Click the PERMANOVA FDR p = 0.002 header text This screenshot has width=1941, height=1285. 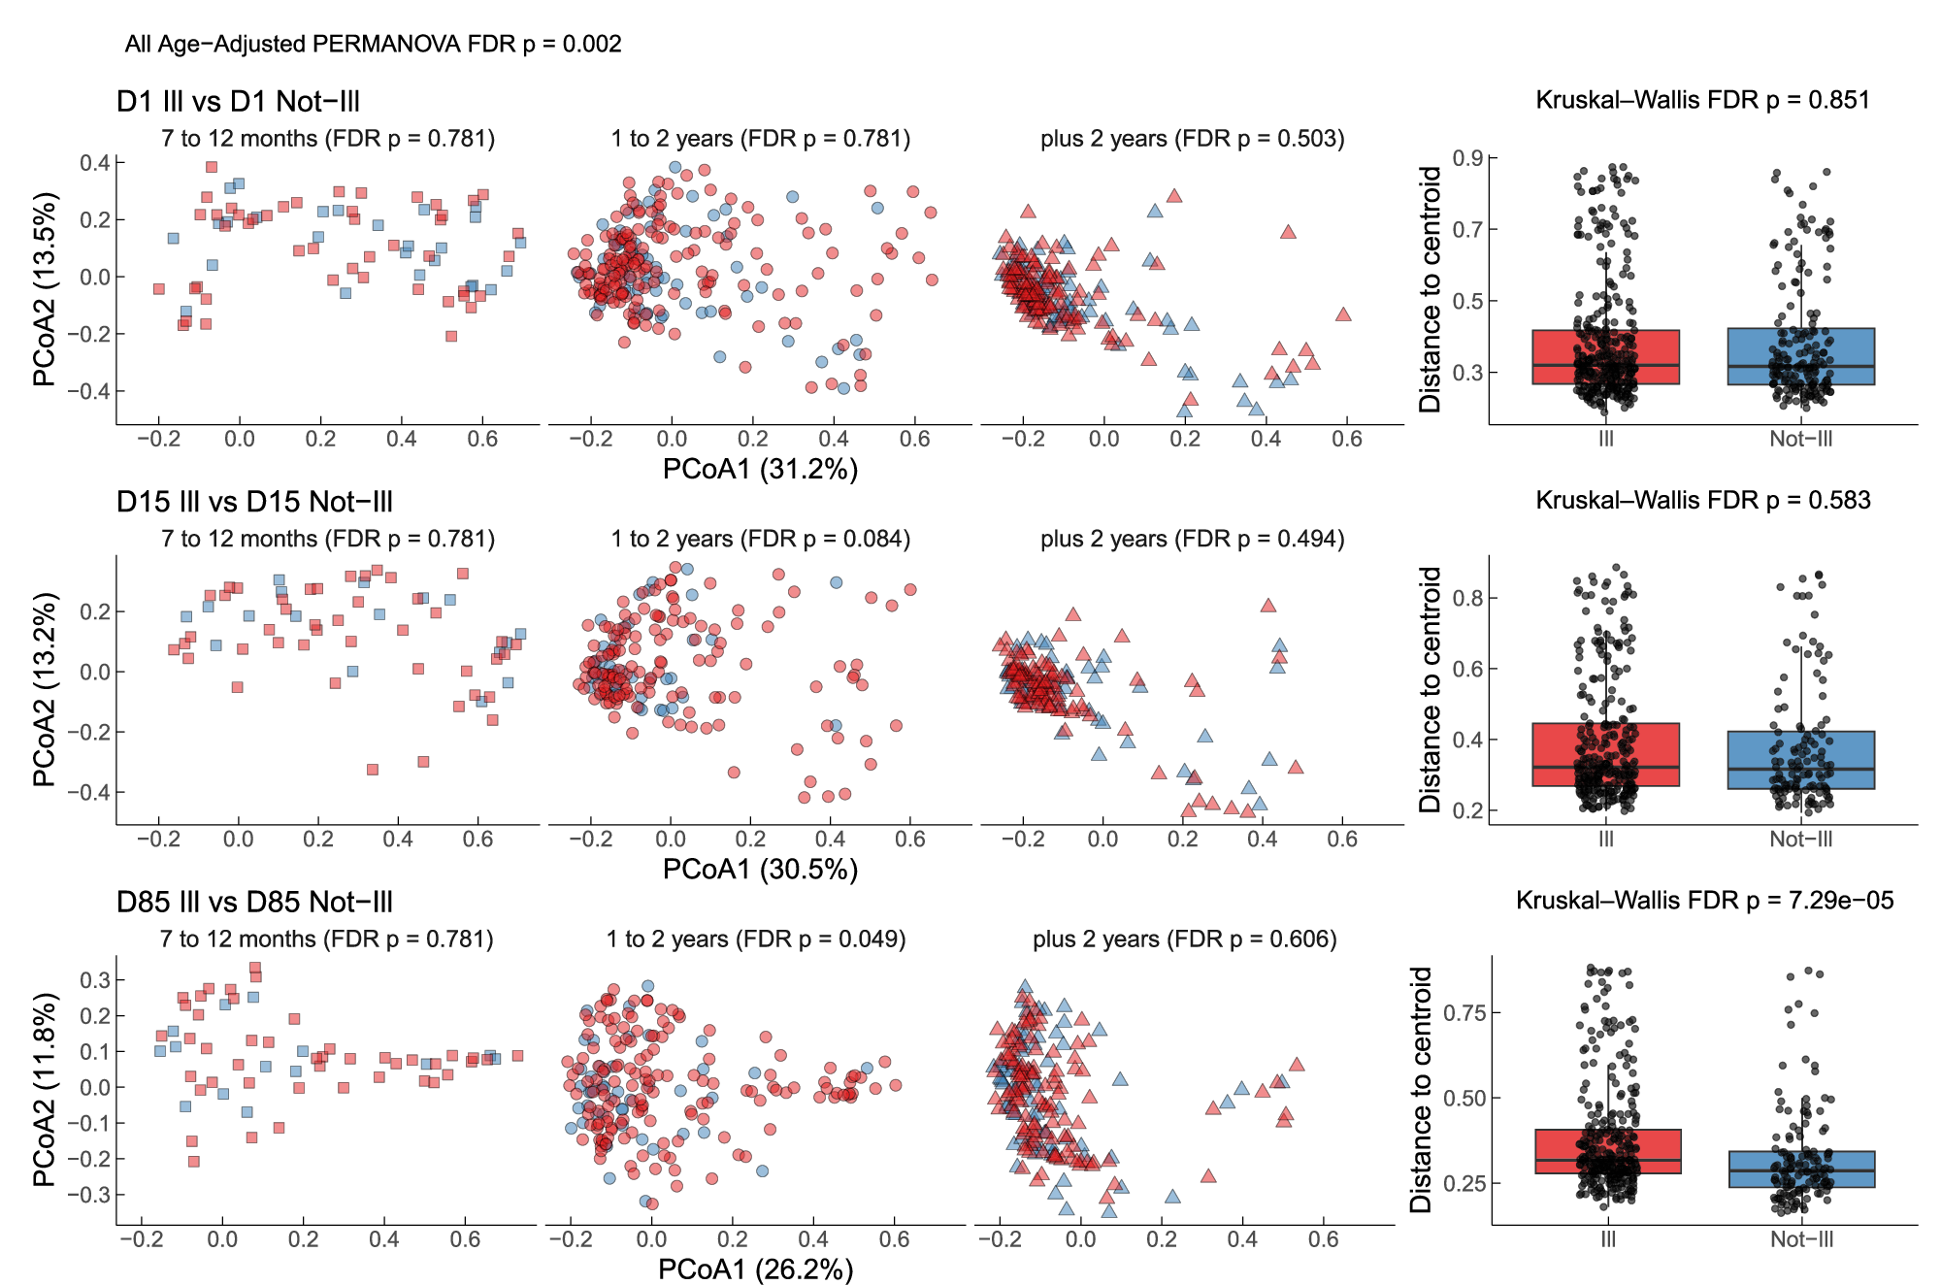373,44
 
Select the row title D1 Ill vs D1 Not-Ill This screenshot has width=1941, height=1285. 238,101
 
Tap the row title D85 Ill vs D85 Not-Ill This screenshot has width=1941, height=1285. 254,902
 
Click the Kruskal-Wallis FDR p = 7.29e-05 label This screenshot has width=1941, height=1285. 1704,900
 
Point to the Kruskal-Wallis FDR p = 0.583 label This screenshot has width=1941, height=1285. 1702,500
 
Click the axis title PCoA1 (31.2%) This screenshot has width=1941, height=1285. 760,469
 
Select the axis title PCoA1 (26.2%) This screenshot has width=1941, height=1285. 755,1269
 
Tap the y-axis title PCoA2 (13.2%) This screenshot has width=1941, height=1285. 44,689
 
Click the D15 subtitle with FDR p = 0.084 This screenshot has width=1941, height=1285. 760,539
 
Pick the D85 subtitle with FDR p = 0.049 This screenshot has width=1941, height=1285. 756,939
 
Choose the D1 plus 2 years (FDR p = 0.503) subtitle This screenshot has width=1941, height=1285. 1192,139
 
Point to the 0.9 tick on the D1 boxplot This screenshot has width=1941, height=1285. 1466,158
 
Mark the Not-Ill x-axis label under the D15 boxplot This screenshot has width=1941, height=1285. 1800,839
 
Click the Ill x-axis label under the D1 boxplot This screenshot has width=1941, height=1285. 1605,439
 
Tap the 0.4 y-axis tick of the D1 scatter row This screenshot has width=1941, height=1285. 94,162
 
